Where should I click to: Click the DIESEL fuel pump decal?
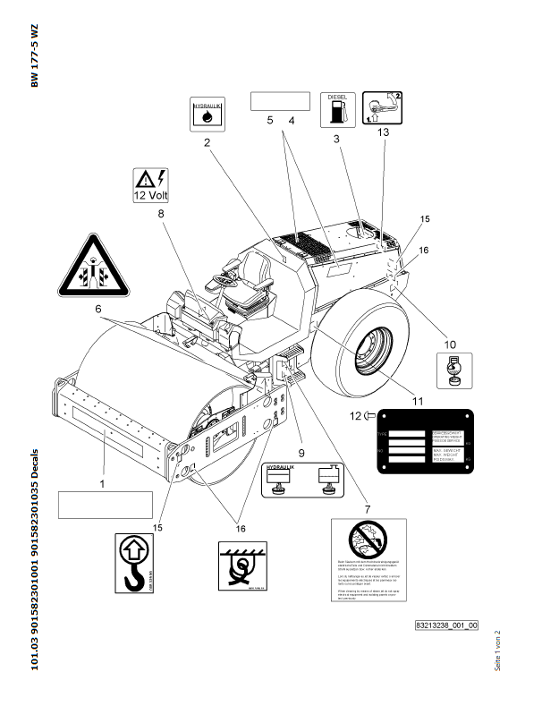click(337, 108)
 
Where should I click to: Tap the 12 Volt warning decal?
click(150, 183)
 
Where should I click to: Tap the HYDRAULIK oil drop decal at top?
click(207, 112)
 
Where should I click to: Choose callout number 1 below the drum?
click(102, 483)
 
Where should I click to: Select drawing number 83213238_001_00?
click(446, 625)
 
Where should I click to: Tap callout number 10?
click(450, 343)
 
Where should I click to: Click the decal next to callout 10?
click(454, 369)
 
